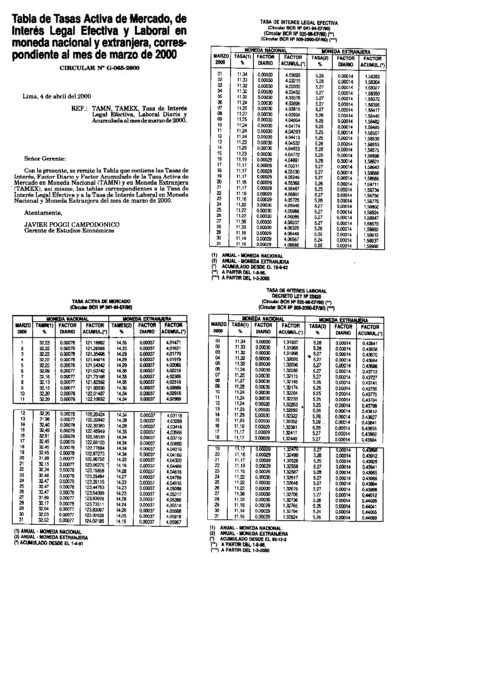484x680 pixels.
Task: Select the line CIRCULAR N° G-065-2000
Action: point(99,68)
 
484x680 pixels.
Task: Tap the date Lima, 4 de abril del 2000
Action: point(56,96)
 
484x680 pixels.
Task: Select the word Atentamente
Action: point(43,213)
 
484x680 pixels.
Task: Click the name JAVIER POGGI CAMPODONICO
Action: point(72,224)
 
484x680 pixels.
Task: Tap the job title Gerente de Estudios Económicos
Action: point(69,230)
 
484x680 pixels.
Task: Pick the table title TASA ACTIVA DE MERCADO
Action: point(101,300)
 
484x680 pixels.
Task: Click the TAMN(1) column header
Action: point(44,325)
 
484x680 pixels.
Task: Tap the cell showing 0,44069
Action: point(370,518)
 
